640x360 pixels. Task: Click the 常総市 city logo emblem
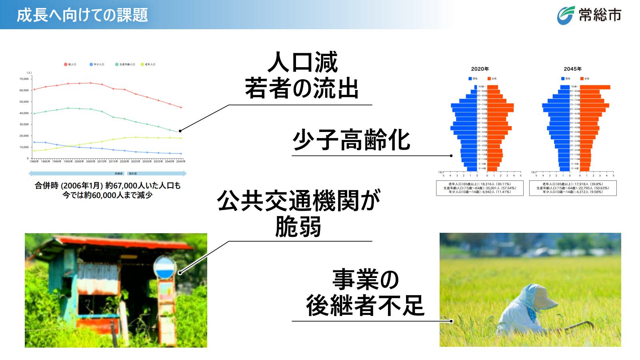coord(566,15)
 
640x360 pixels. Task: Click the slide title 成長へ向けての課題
coord(82,15)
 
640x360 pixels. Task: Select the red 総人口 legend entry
coord(70,64)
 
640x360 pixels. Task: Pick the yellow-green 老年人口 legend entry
coord(148,64)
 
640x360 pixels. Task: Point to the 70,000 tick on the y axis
coord(24,79)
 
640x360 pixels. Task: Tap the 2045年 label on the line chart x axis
coord(181,162)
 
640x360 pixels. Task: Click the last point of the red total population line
coord(181,107)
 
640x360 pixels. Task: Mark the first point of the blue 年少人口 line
coord(34,142)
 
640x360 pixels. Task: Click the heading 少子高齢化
coord(351,140)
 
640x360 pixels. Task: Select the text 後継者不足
coord(364,306)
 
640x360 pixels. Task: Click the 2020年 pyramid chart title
coord(480,69)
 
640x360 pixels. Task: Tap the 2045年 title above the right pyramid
coord(572,69)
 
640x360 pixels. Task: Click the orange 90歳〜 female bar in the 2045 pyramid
coord(595,87)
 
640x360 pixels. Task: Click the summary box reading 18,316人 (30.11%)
coord(480,188)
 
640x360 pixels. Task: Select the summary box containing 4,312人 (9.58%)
coord(572,188)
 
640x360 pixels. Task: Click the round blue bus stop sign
coord(164,268)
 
